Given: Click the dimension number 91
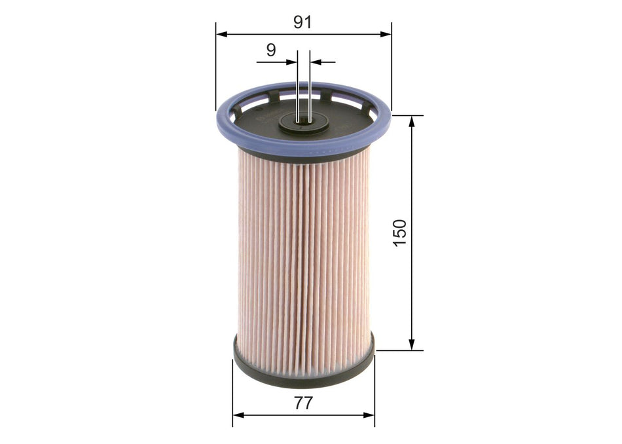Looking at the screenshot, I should [302, 22].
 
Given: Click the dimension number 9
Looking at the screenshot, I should [270, 50].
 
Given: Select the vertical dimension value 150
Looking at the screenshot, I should [399, 232].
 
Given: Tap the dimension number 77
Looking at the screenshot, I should [302, 403].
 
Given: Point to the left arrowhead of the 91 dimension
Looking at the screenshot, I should [221, 33].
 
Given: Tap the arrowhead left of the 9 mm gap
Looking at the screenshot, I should [293, 62].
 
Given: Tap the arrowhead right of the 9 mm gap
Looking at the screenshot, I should [314, 62].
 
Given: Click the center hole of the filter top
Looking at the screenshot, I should [303, 120].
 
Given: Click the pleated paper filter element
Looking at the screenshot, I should [302, 262].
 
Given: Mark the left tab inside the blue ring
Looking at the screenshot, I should [274, 97].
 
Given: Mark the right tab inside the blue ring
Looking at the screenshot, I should [325, 96].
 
